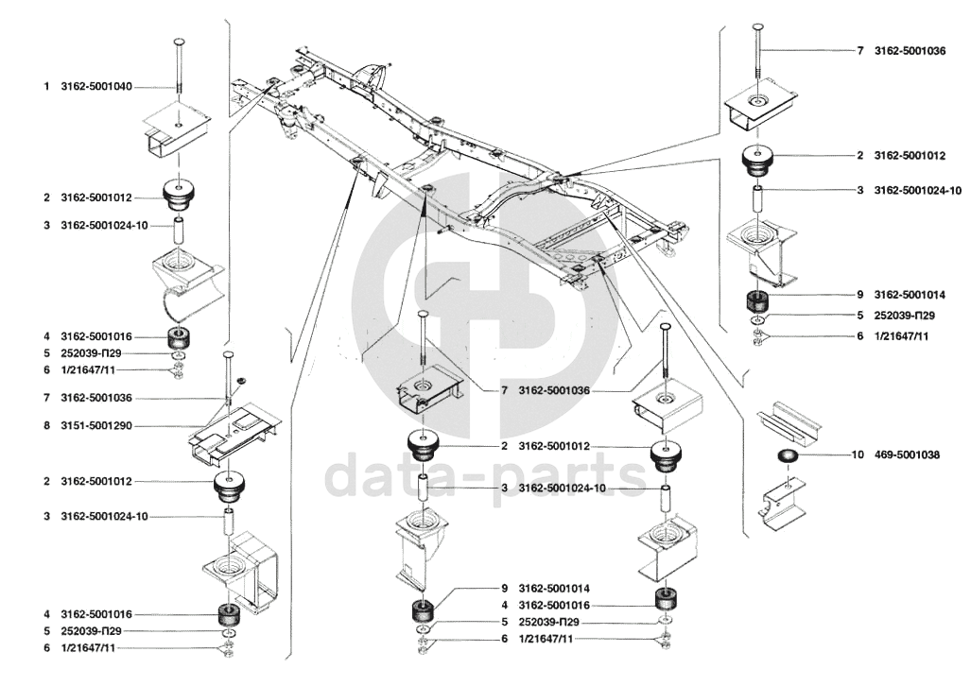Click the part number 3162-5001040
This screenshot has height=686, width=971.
(96, 86)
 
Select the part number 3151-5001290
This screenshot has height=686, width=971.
(96, 426)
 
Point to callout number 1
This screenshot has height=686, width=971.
(45, 86)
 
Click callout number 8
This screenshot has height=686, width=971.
(45, 426)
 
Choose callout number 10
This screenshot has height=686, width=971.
(858, 454)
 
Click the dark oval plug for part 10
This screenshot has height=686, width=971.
(787, 457)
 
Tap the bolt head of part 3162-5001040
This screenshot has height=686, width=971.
(178, 43)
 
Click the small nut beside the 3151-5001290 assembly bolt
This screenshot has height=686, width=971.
(241, 380)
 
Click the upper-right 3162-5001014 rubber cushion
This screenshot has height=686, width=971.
(756, 303)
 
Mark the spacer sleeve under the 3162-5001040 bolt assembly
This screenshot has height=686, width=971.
(178, 231)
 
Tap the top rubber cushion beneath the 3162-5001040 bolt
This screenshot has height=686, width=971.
(178, 196)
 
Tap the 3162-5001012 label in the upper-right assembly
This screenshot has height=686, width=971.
(910, 155)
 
